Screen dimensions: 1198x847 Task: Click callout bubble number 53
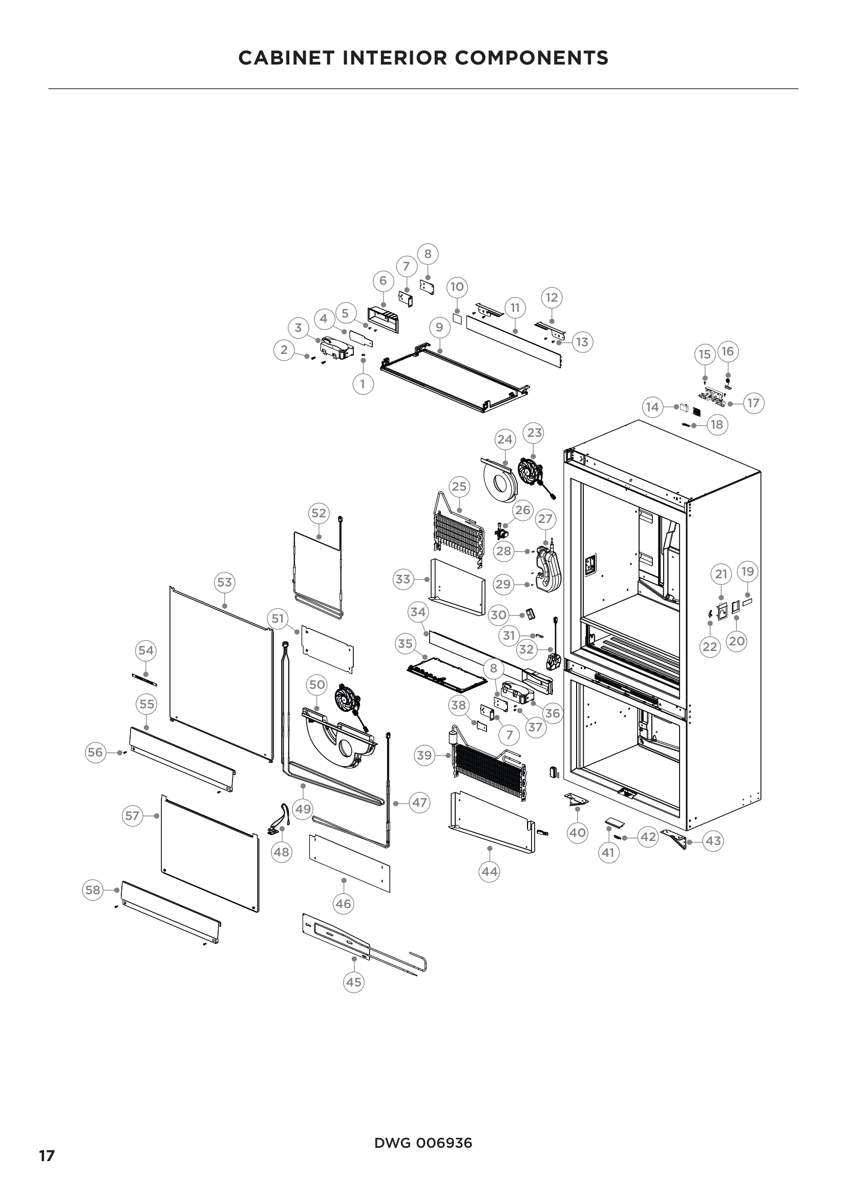[224, 582]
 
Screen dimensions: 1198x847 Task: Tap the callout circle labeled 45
[354, 982]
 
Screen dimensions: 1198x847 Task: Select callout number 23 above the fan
[533, 433]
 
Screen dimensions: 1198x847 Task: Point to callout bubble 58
[93, 890]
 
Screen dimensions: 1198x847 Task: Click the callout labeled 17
[753, 403]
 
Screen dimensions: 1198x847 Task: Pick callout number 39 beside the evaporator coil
[425, 755]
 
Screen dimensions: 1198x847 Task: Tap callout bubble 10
[457, 286]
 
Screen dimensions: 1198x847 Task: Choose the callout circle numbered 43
[713, 840]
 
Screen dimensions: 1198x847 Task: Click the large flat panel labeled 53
[222, 673]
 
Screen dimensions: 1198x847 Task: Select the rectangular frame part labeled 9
[454, 384]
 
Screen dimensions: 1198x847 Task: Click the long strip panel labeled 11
[514, 342]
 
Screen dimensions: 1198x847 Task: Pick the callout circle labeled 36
[552, 713]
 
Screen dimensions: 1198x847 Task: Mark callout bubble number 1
[363, 385]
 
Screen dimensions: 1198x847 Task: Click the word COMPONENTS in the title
[532, 57]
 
